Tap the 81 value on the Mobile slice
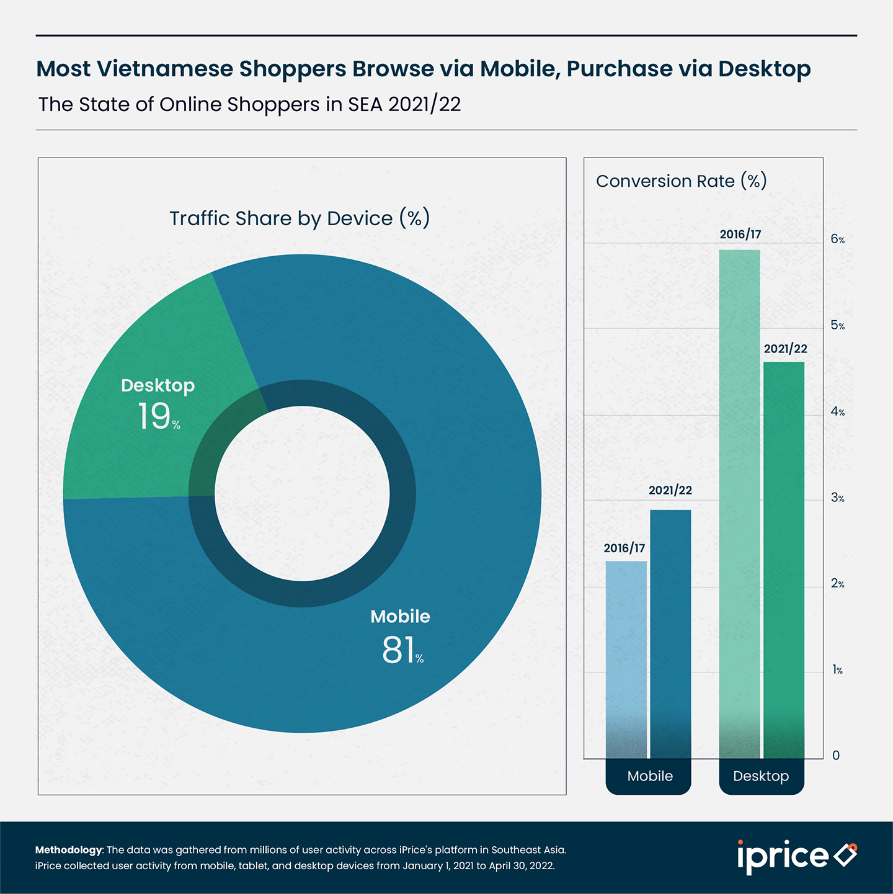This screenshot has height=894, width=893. tap(399, 650)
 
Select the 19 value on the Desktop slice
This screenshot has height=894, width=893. tap(154, 416)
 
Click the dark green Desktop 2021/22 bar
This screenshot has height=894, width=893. tap(784, 558)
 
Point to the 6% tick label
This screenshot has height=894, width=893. tap(837, 239)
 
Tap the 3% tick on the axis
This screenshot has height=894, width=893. tap(837, 498)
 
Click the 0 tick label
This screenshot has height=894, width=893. tap(836, 755)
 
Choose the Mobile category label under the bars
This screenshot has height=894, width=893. tap(649, 776)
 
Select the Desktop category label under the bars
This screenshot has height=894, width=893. tap(761, 776)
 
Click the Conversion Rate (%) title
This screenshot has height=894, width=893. tap(681, 181)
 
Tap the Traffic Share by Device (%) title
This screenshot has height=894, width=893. tap(300, 218)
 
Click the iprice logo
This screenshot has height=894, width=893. tap(796, 856)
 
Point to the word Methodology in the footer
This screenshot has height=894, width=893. tap(68, 850)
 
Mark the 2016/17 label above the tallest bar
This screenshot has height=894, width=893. tap(740, 235)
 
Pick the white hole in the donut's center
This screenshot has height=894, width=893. tap(302, 493)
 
